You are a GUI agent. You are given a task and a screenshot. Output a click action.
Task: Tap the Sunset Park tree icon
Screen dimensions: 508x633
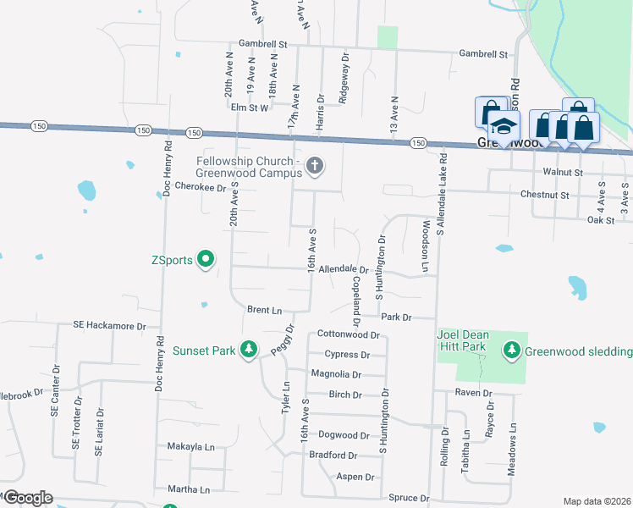pos(248,350)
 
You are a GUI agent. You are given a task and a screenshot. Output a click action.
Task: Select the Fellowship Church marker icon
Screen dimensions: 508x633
pos(315,165)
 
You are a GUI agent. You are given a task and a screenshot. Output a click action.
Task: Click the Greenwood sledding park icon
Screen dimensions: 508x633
pos(511,351)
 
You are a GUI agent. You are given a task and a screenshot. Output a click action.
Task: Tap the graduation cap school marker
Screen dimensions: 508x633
pos(504,128)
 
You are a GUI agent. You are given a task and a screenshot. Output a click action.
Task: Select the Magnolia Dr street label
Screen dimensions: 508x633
pos(336,374)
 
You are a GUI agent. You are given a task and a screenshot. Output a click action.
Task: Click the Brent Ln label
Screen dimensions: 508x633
pos(264,310)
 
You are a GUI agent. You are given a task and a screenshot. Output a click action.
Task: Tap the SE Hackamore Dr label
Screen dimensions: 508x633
pos(109,325)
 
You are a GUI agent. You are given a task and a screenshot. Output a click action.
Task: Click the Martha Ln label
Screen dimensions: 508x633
pos(188,489)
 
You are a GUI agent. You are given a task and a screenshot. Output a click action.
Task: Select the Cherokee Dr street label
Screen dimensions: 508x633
pos(201,187)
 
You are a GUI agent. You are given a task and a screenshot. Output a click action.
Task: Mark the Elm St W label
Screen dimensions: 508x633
pos(249,108)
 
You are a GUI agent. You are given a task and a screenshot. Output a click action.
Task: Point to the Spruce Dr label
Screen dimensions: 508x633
pos(410,498)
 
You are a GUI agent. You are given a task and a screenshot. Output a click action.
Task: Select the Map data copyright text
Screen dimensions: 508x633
pos(596,501)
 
